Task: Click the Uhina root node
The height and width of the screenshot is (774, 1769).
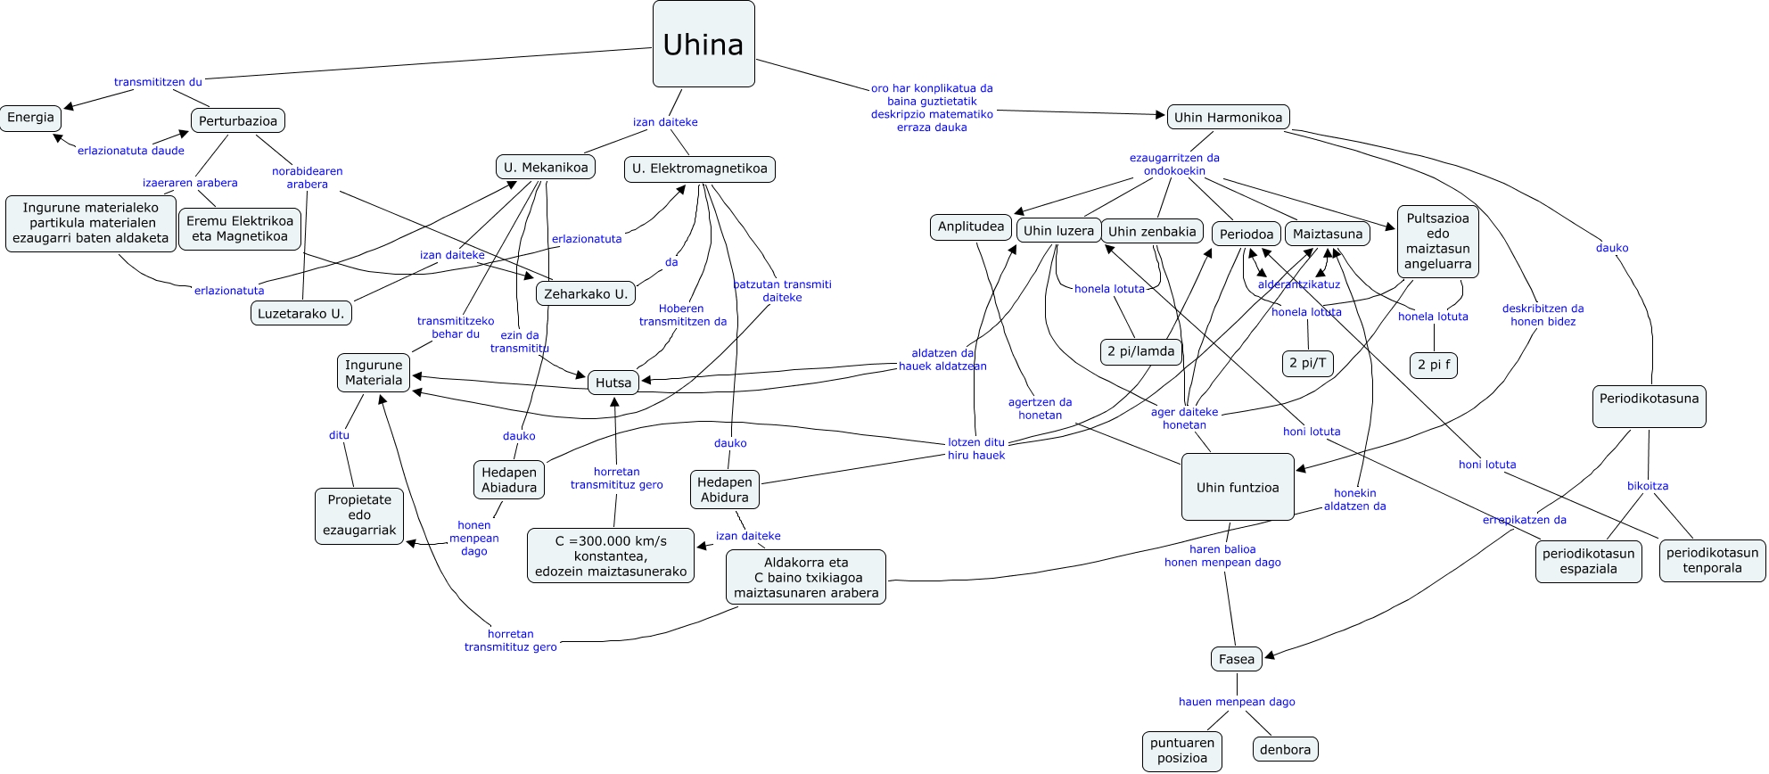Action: [x=703, y=44]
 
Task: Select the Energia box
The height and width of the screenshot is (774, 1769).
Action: [x=30, y=118]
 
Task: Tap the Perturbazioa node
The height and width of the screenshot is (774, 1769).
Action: [x=237, y=121]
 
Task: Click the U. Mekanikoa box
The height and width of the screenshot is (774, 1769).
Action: [x=546, y=168]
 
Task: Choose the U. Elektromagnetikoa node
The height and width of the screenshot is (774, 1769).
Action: [x=699, y=169]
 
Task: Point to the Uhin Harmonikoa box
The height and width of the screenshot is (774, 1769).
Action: [x=1228, y=118]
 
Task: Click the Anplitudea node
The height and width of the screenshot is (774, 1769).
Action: [x=970, y=226]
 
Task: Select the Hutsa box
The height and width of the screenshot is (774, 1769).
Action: [x=613, y=383]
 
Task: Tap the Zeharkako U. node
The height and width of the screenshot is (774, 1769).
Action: [x=586, y=293]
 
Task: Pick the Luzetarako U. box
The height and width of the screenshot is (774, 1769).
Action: [x=300, y=314]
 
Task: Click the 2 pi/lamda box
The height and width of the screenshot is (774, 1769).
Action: [x=1140, y=351]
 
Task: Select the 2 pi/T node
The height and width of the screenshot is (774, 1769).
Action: [x=1308, y=363]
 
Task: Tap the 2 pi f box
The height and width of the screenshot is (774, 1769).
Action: [x=1433, y=365]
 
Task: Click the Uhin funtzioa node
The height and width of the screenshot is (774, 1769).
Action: [x=1237, y=488]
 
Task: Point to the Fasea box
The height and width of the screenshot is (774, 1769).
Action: [x=1236, y=660]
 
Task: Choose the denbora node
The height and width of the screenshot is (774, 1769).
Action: [x=1285, y=750]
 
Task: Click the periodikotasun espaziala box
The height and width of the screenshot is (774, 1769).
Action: [x=1588, y=561]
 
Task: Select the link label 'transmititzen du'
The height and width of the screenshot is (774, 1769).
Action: [x=158, y=82]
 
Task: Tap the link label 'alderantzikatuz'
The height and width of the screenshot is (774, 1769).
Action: [x=1298, y=284]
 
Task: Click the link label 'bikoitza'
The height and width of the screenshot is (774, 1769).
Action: [x=1647, y=486]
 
